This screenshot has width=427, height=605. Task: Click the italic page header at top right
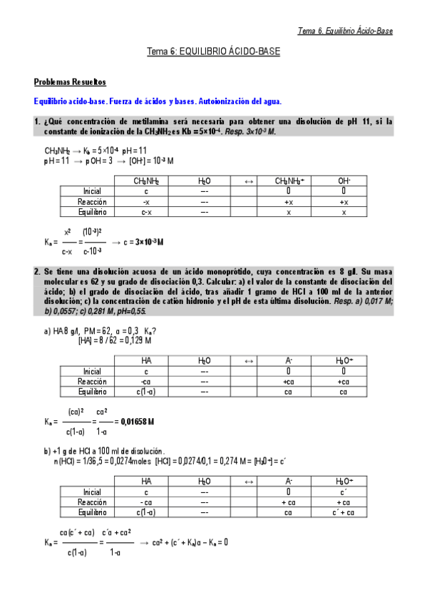(345, 31)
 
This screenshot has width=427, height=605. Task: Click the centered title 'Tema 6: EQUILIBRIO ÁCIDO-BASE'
(213, 52)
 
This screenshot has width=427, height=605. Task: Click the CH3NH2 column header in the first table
(145, 181)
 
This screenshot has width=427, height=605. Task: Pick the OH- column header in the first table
(344, 181)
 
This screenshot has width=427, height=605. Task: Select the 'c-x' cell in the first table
(145, 212)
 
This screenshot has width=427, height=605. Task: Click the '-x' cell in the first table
(145, 202)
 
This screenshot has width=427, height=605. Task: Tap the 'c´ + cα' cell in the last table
(344, 512)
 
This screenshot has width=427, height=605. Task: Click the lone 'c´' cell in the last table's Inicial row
(344, 492)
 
